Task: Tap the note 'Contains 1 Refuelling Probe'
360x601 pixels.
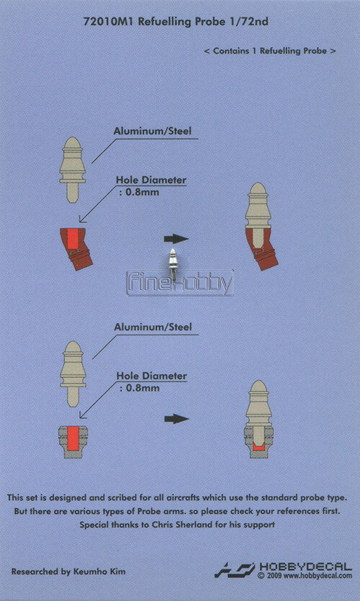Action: [x=270, y=51]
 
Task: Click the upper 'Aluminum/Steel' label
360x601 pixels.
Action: [x=152, y=131]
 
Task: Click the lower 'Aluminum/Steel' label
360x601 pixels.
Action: [x=153, y=327]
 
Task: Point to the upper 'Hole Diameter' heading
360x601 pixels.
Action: [x=151, y=180]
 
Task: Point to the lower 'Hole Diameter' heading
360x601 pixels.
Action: [x=152, y=376]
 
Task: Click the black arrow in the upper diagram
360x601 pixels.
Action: [x=176, y=239]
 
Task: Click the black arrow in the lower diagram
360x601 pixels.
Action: [x=176, y=419]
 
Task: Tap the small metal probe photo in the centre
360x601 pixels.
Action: [x=174, y=264]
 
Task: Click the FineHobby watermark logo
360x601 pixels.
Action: [x=180, y=284]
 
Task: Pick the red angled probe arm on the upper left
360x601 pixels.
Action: [x=76, y=248]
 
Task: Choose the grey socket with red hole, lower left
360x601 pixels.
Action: [x=73, y=441]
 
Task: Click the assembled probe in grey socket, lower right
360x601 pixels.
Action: [x=258, y=419]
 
